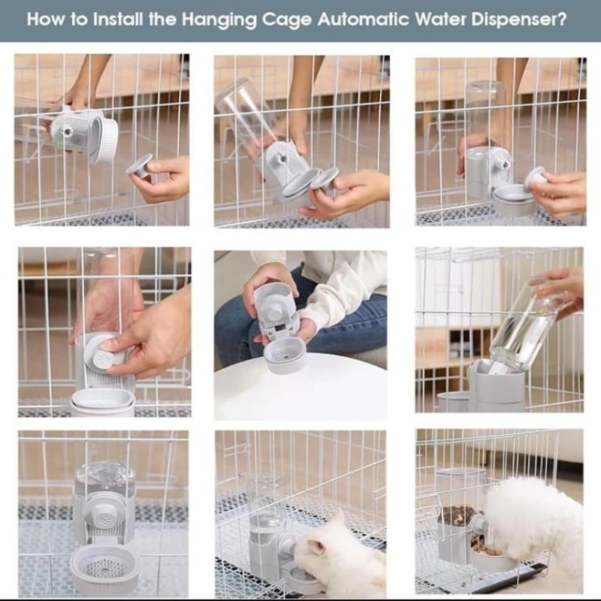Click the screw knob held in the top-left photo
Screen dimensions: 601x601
pyautogui.click(x=139, y=165)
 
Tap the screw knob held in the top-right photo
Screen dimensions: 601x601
pyautogui.click(x=535, y=177)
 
